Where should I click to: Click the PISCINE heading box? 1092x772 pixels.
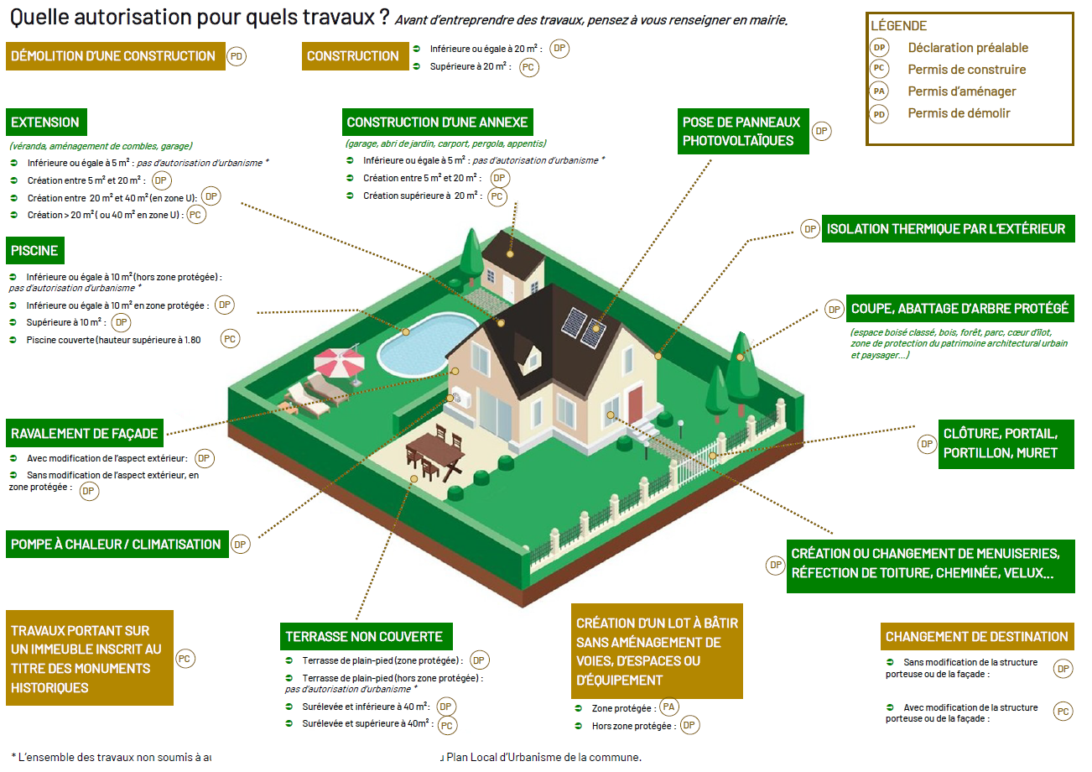35,251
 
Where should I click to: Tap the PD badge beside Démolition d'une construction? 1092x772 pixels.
237,56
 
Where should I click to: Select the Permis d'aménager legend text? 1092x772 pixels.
961,91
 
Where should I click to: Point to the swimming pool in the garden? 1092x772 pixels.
425,344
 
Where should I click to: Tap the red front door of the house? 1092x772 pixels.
635,404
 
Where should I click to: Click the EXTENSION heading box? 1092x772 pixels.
46,122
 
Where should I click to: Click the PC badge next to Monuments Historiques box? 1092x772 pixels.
185,659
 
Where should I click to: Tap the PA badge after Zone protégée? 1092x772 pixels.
668,707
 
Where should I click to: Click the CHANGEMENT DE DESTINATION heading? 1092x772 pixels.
977,636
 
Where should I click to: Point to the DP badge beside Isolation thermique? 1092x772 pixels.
810,229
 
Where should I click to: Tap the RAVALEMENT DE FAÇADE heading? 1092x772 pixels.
85,434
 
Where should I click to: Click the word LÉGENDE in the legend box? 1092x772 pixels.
898,26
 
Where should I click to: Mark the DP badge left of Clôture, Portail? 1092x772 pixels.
927,444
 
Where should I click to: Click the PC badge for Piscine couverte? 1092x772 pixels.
230,339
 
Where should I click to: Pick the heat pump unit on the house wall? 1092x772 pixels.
461,397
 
